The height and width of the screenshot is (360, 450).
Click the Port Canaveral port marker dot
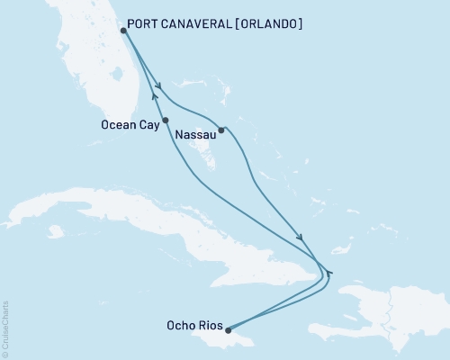[122, 31]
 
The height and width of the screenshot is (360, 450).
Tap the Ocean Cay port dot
[165, 120]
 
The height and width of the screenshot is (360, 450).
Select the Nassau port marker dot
[220, 130]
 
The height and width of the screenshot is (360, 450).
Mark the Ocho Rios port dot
[228, 330]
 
